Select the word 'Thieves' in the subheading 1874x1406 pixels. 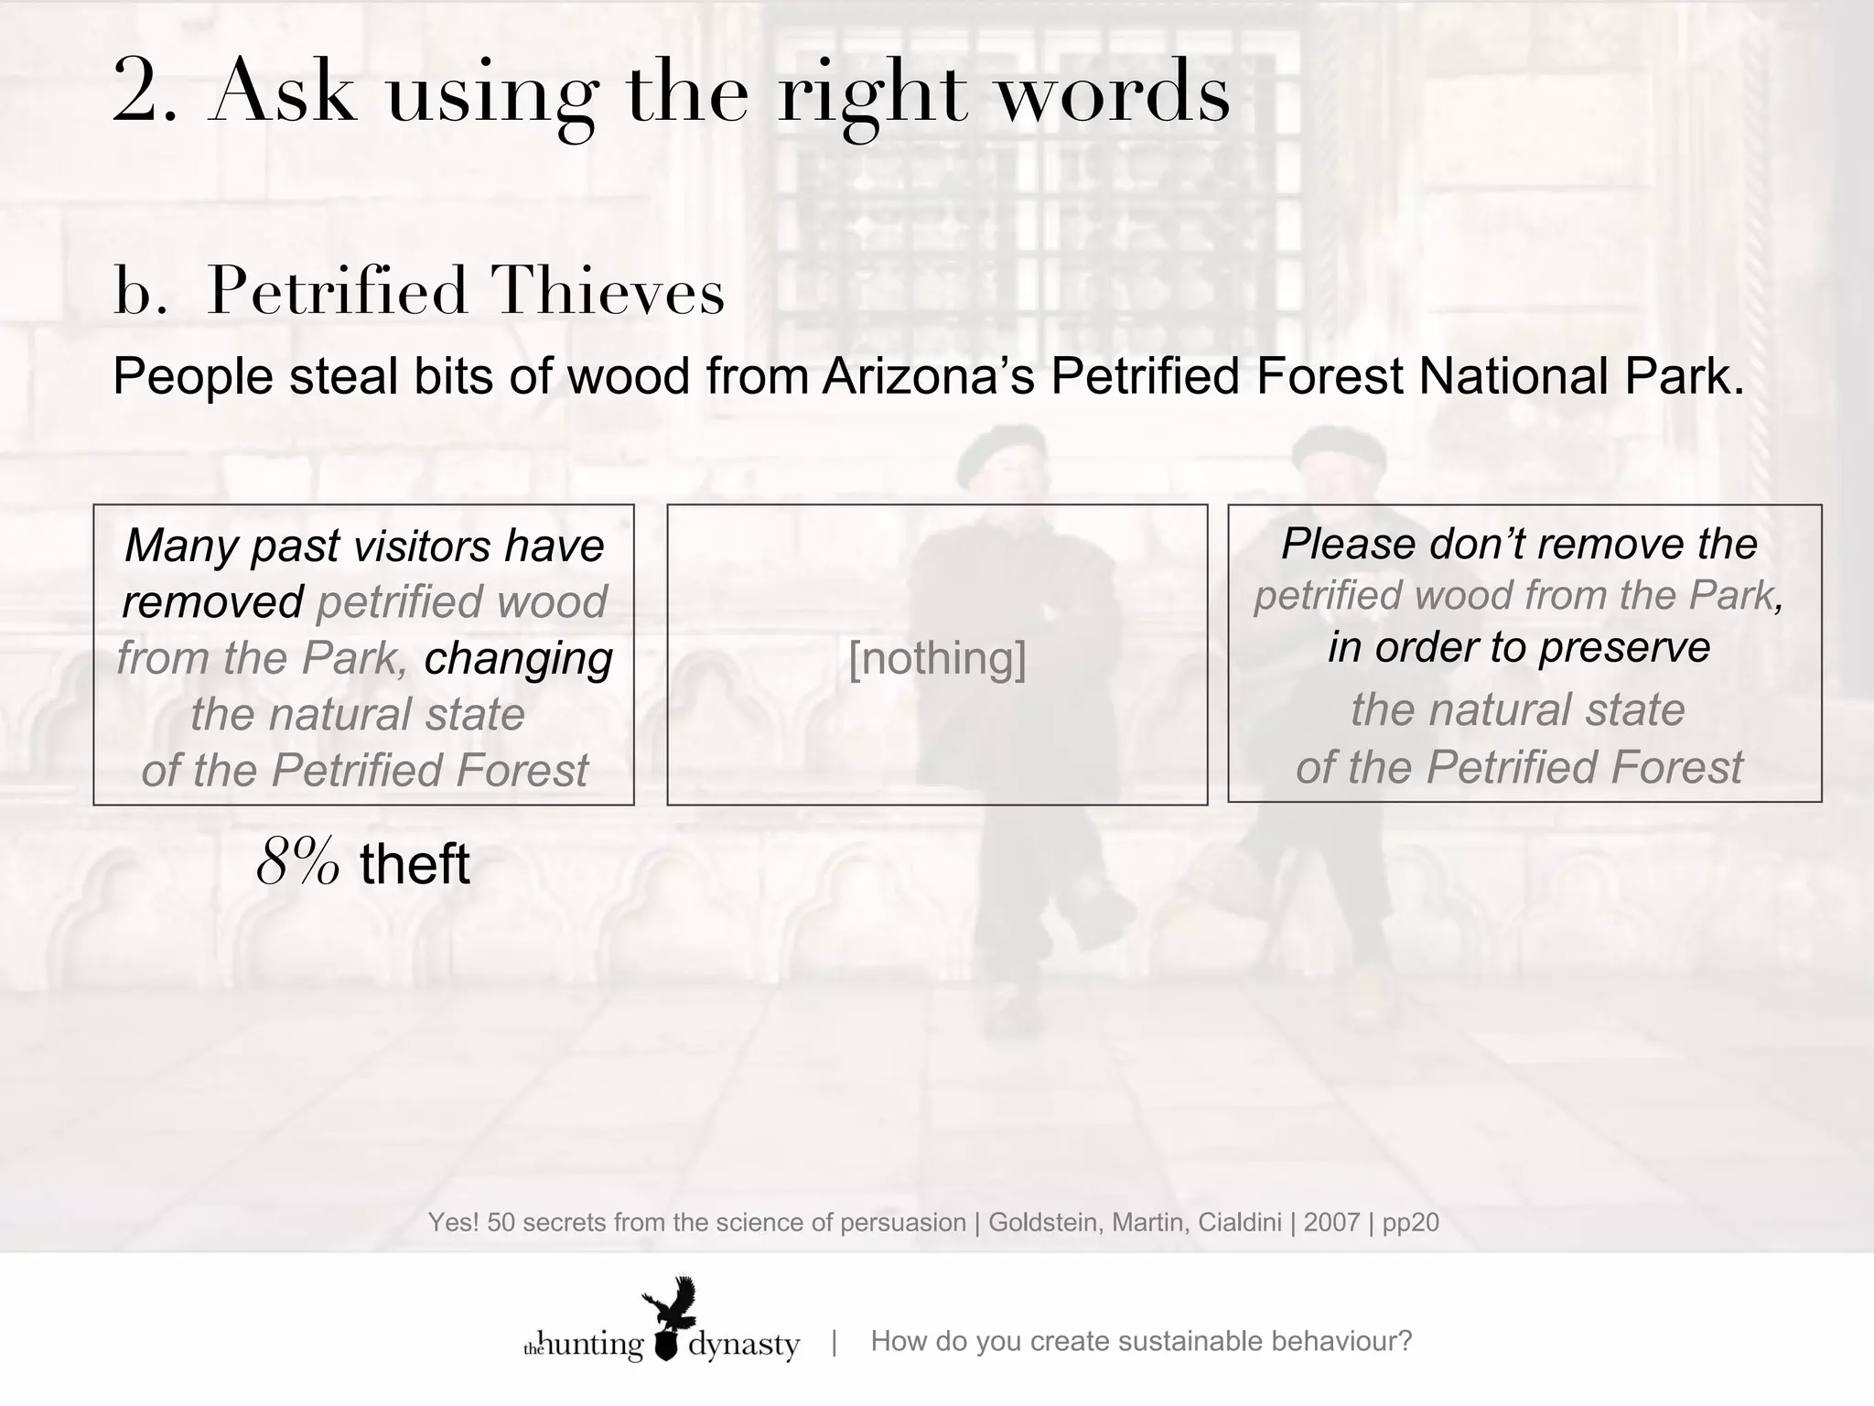(608, 292)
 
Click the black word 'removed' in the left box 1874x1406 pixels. (212, 602)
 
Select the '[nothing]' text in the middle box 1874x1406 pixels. (937, 657)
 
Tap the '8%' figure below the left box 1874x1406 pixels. (298, 863)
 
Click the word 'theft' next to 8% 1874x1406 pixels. (415, 864)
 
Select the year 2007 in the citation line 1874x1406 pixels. (1331, 1222)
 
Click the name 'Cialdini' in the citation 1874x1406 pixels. (1240, 1222)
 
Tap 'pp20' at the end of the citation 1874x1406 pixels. (1410, 1222)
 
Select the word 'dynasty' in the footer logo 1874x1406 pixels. (743, 1346)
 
